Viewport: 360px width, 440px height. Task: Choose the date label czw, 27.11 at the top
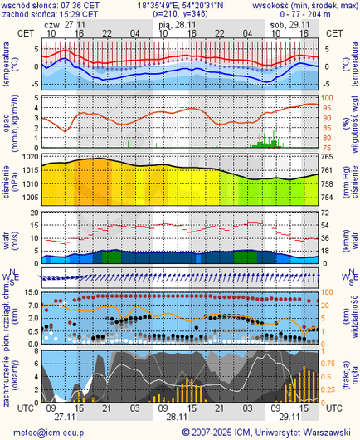(65, 25)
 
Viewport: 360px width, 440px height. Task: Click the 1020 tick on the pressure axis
(28, 157)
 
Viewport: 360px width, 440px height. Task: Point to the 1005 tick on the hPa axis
(28, 198)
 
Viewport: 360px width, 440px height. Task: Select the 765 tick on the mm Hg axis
(328, 157)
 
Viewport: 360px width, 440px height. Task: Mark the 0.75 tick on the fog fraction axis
(329, 363)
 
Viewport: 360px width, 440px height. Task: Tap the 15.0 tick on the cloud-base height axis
(28, 292)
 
